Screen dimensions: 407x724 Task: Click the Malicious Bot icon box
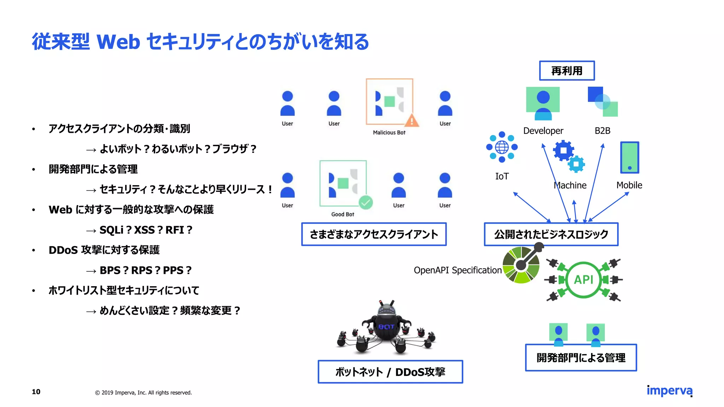pyautogui.click(x=389, y=101)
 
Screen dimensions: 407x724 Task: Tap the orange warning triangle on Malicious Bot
pyautogui.click(x=411, y=121)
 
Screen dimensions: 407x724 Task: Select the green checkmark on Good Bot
pyautogui.click(x=366, y=202)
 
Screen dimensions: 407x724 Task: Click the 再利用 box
pyautogui.click(x=567, y=71)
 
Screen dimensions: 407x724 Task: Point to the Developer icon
pyautogui.click(x=543, y=104)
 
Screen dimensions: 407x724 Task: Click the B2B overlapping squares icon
pyautogui.click(x=603, y=102)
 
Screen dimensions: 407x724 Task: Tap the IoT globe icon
pyautogui.click(x=502, y=147)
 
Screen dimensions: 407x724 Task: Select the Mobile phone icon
pyautogui.click(x=630, y=158)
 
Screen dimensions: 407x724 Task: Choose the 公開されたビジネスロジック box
pyautogui.click(x=551, y=234)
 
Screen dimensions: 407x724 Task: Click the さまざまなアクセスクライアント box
pyautogui.click(x=374, y=234)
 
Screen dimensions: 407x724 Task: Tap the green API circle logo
pyautogui.click(x=584, y=280)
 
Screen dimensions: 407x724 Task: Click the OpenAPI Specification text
pyautogui.click(x=457, y=270)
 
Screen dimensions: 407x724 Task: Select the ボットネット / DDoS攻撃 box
pyautogui.click(x=390, y=372)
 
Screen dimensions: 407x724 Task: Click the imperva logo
pyautogui.click(x=669, y=391)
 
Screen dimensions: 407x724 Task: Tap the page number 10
pyautogui.click(x=36, y=391)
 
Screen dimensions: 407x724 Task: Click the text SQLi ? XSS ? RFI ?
pyautogui.click(x=146, y=230)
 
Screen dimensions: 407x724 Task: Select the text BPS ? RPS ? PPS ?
pyautogui.click(x=145, y=270)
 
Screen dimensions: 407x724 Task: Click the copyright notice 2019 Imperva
pyautogui.click(x=144, y=393)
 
